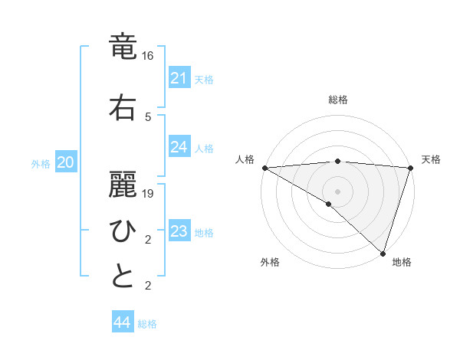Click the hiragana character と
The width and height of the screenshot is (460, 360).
(x=123, y=277)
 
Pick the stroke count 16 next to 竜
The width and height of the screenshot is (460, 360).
(x=148, y=56)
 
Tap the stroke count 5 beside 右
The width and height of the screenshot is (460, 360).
(x=148, y=116)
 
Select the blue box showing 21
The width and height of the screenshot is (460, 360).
(x=179, y=78)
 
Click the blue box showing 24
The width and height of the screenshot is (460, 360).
(x=179, y=147)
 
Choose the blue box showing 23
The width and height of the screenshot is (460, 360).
(x=179, y=231)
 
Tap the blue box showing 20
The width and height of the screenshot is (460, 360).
(x=66, y=162)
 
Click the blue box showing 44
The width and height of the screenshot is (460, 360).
(x=122, y=322)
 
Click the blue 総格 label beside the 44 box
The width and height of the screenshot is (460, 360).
(x=147, y=324)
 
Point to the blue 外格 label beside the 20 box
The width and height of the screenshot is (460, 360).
(x=41, y=164)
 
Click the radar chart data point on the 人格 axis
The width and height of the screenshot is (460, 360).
(x=264, y=168)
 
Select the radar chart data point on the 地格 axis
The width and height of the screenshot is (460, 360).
(x=383, y=253)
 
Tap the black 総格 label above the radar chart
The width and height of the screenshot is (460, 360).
(x=338, y=100)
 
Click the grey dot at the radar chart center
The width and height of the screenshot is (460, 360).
(x=337, y=191)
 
